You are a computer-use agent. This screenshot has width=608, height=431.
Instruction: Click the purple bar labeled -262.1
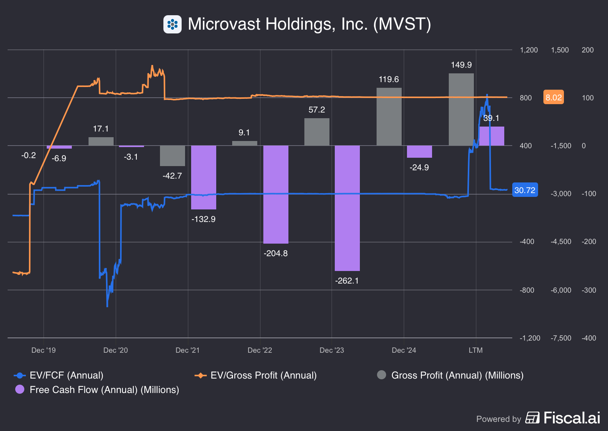[347, 208]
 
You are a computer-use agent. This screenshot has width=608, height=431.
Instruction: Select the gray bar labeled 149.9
[461, 109]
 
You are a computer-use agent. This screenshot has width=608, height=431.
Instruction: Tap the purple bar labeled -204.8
[275, 194]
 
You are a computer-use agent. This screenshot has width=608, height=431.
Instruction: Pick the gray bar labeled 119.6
[389, 117]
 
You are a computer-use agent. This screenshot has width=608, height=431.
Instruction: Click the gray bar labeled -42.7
[172, 156]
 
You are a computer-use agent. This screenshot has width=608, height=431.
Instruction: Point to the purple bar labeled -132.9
[203, 177]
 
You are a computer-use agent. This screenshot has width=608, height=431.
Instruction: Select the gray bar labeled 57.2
[317, 132]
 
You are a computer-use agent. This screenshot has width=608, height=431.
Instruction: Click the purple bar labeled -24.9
[419, 152]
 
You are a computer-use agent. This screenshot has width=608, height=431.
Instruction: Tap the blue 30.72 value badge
[525, 190]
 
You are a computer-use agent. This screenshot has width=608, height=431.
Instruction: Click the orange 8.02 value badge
[553, 97]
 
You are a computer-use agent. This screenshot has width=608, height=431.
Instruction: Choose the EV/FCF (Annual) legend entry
[59, 376]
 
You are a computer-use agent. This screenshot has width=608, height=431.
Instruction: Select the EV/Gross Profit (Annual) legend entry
[255, 376]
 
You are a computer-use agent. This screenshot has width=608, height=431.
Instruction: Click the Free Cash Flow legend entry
[97, 390]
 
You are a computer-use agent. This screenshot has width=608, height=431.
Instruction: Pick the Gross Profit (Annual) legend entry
[450, 376]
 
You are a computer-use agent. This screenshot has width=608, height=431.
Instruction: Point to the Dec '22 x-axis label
[260, 350]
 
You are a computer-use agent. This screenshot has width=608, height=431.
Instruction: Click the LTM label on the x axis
[475, 350]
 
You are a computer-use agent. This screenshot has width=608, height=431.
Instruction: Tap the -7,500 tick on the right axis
[560, 338]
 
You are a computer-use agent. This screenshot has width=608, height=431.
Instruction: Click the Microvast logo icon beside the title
[173, 24]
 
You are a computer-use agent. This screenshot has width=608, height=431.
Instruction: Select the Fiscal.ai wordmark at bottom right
[572, 418]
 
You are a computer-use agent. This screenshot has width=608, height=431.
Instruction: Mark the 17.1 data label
[101, 129]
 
